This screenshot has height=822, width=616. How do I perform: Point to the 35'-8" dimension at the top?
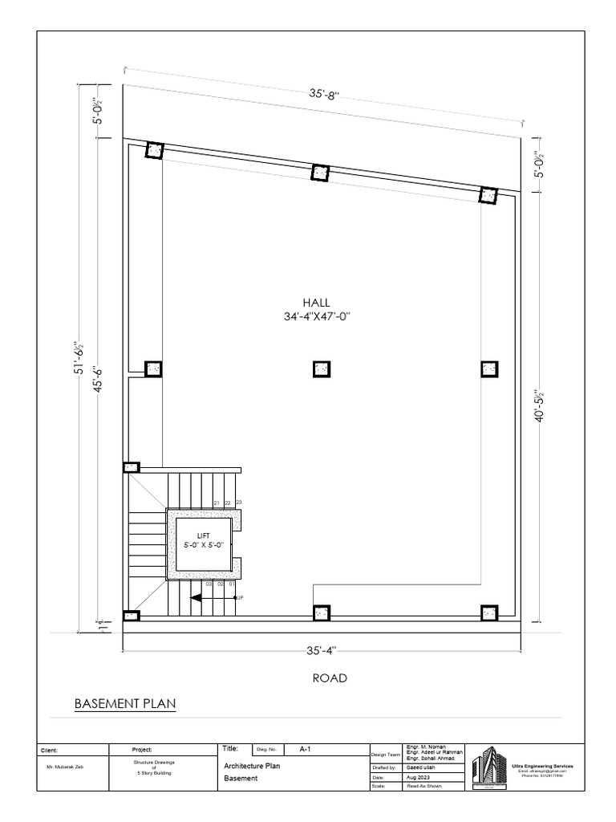pyautogui.click(x=325, y=93)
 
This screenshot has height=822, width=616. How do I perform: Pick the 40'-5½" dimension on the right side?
pyautogui.click(x=540, y=401)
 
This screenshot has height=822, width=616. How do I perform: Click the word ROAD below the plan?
pyautogui.click(x=330, y=678)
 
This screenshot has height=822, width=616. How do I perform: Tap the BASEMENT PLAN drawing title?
pyautogui.click(x=124, y=704)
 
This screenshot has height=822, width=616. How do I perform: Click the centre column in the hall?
pyautogui.click(x=321, y=368)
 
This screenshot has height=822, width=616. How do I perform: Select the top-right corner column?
pyautogui.click(x=488, y=195)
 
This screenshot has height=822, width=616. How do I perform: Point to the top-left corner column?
pyautogui.click(x=154, y=151)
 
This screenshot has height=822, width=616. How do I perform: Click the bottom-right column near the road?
pyautogui.click(x=489, y=613)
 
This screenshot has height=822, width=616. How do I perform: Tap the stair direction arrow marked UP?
pyautogui.click(x=197, y=597)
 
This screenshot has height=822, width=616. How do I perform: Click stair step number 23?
pyautogui.click(x=238, y=503)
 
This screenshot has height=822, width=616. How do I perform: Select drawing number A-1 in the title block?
pyautogui.click(x=306, y=749)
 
